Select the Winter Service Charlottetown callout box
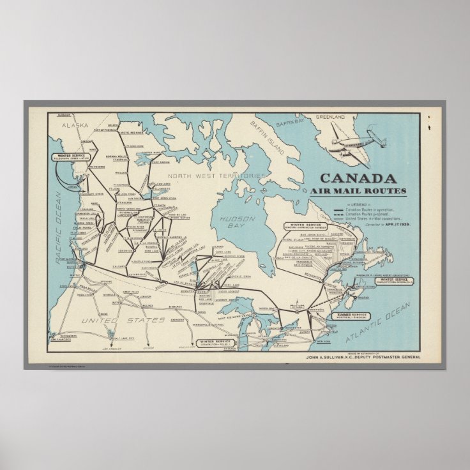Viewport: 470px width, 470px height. (x=393, y=280)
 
